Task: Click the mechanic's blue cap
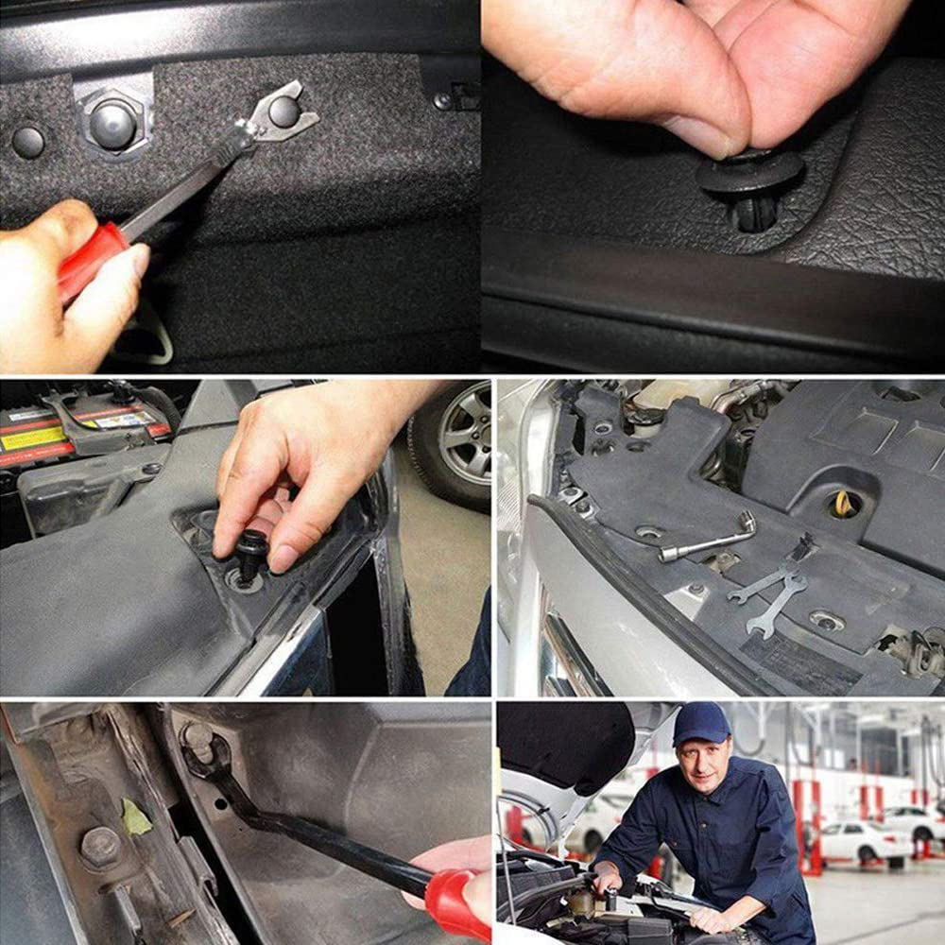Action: tap(700, 722)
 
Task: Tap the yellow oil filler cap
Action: tap(844, 505)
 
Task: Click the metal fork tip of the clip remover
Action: tap(283, 111)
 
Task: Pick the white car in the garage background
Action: tap(855, 840)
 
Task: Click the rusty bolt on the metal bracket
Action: tap(99, 846)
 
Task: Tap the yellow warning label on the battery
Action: tap(33, 438)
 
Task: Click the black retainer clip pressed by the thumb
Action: tap(751, 180)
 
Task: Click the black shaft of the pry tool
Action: tap(321, 832)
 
